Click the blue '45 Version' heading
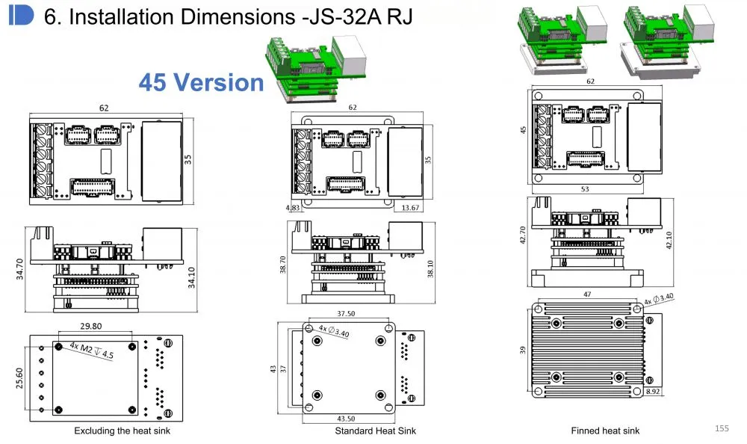point(201,82)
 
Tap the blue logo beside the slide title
point(21,15)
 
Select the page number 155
point(722,428)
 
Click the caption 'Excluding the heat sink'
point(122,431)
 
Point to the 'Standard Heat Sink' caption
point(376,431)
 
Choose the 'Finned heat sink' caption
point(605,431)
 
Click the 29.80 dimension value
point(91,326)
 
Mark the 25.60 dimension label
point(19,377)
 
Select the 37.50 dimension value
point(346,313)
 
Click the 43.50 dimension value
point(346,419)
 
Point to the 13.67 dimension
point(410,208)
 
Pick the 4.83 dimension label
point(293,208)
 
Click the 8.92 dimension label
point(653,391)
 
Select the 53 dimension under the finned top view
point(585,189)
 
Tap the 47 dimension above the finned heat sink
point(587,295)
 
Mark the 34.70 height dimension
point(19,269)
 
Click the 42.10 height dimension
point(669,241)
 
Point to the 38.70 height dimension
point(282,265)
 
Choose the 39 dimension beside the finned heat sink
point(523,350)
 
